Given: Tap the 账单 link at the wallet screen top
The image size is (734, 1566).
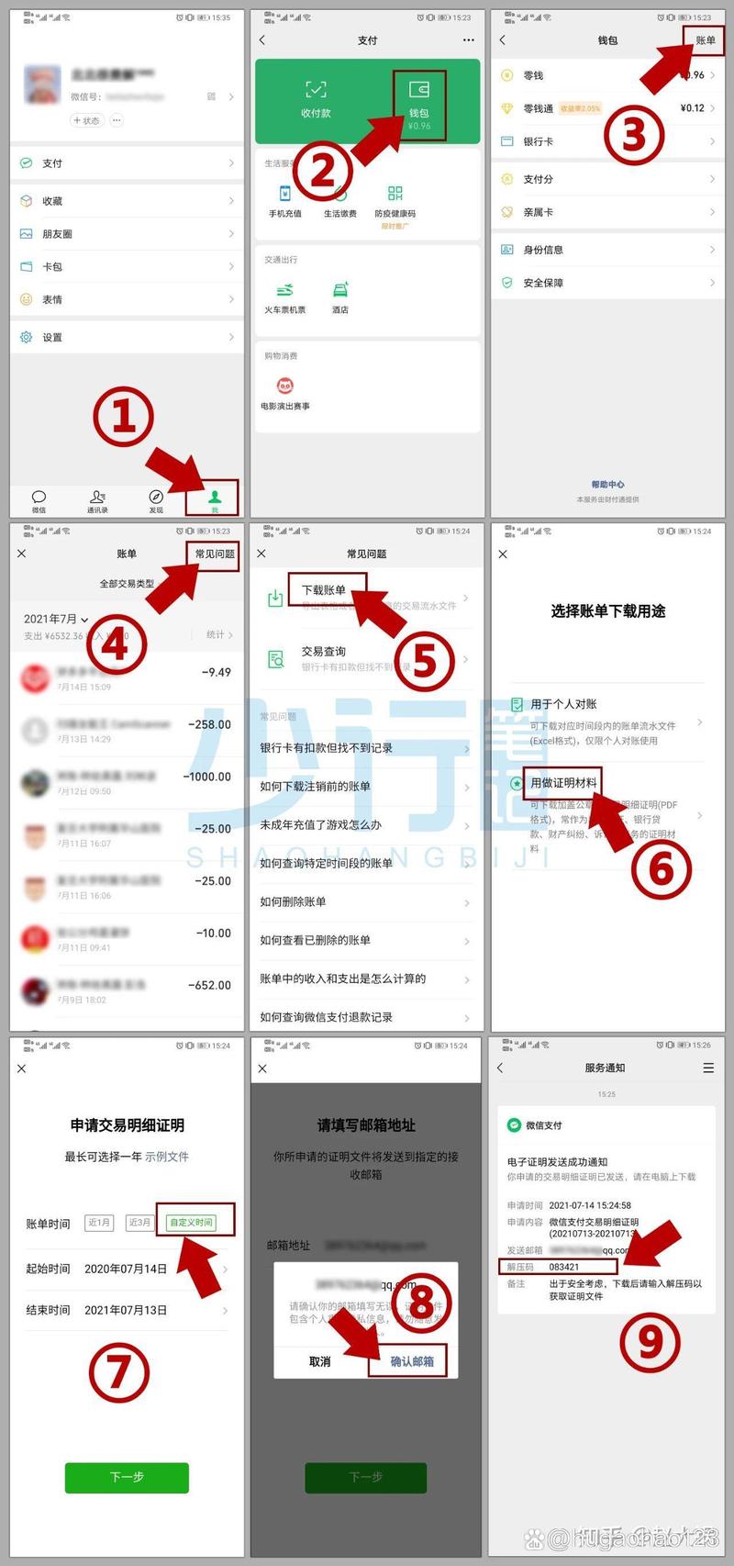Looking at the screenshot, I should coord(705,40).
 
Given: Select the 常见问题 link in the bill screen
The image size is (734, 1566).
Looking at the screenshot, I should coord(215,554).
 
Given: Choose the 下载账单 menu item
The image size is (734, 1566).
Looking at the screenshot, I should coord(325,590).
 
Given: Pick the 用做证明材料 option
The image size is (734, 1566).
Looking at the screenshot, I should coord(563,782).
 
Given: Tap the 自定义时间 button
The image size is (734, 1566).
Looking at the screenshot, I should coord(192,1222).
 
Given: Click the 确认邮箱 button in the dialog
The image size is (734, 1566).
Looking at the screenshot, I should coord(412,1361).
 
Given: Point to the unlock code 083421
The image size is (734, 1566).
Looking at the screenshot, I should coord(564,1267).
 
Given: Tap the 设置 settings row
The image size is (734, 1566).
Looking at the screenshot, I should coord(52,337).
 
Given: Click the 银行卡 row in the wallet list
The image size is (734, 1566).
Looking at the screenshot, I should coord(539,141).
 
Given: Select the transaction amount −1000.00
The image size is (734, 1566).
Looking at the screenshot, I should coord(207,777).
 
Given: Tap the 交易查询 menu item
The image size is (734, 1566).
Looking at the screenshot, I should coord(324,651).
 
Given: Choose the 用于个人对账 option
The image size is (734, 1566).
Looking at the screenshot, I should coord(563,704).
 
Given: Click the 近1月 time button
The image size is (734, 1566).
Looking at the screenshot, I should coord(99,1223).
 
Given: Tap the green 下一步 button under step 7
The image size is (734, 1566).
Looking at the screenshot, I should coord(127,1477).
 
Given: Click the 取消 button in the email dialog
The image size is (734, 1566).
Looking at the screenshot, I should coord(320,1361).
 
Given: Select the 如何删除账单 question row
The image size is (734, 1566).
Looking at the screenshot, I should coord(293,901).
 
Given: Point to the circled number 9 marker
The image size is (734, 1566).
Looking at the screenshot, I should coord(651,1341).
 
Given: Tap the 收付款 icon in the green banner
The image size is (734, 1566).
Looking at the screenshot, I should coord(316,98).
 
